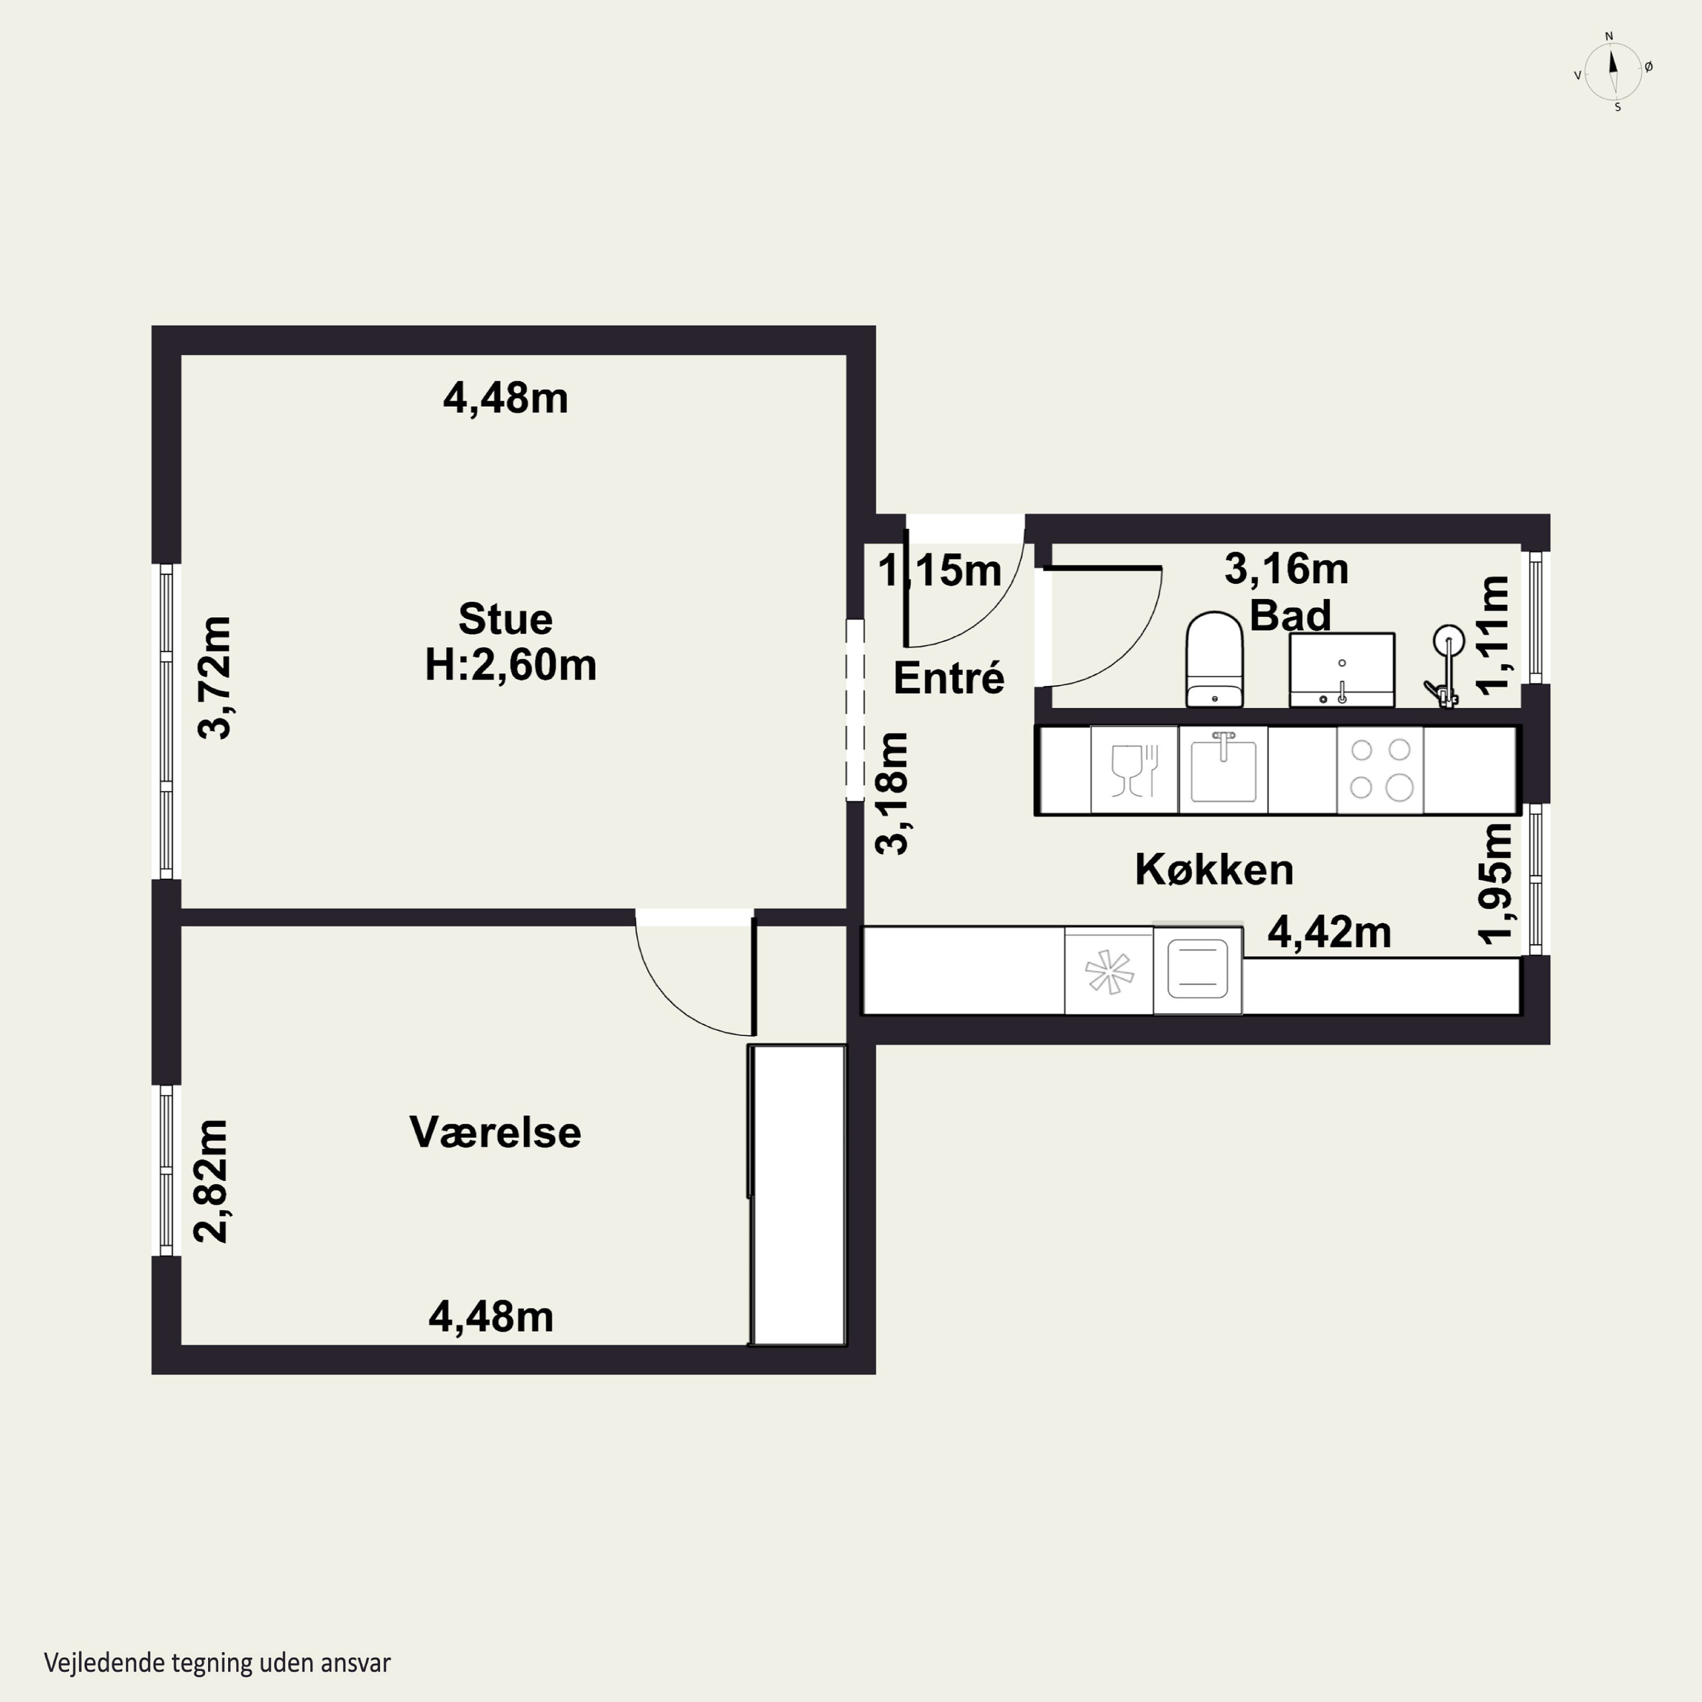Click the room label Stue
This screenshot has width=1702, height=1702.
(x=505, y=620)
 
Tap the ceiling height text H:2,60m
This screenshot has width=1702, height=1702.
(x=511, y=665)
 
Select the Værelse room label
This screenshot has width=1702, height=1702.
(x=495, y=1132)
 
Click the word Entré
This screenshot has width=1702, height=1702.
(x=949, y=677)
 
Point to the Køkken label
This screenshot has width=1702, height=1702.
(x=1214, y=870)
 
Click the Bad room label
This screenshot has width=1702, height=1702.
(x=1290, y=615)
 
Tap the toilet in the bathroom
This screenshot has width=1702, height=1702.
(x=1214, y=659)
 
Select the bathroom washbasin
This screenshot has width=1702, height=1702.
(x=1342, y=669)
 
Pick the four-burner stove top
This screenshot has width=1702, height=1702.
(x=1380, y=769)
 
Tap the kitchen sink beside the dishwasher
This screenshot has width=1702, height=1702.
(x=1224, y=769)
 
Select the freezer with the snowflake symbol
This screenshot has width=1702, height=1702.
(x=1109, y=971)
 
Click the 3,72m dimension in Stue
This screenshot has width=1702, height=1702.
(x=214, y=677)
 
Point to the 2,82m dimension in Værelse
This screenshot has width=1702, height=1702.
(x=212, y=1181)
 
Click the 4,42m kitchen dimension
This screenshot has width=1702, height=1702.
(x=1329, y=932)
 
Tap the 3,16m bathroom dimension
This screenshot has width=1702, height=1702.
(x=1286, y=569)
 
